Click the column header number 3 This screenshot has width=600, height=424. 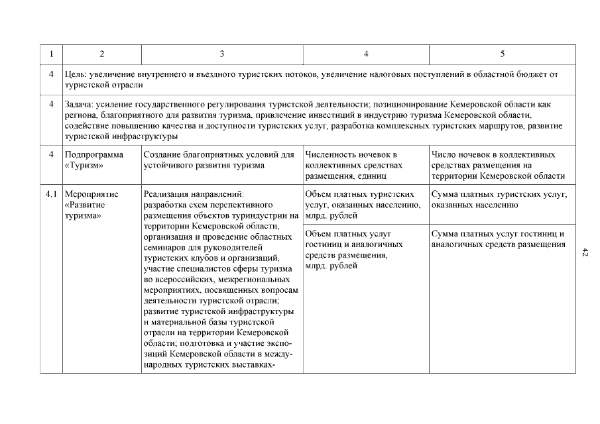(x=222, y=54)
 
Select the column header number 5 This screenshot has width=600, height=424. (x=502, y=54)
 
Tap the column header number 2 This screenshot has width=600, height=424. (x=101, y=54)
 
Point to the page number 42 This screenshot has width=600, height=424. (x=585, y=252)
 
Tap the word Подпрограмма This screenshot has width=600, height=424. (x=94, y=155)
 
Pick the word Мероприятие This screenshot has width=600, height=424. (x=93, y=195)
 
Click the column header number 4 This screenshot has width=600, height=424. (x=366, y=54)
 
